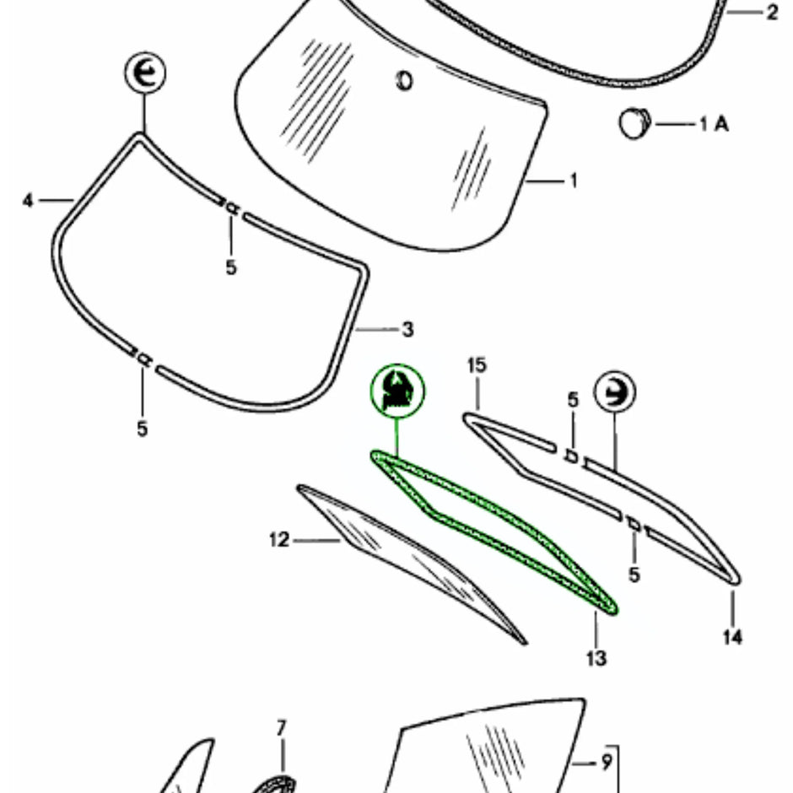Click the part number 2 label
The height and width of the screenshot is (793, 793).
pyautogui.click(x=772, y=13)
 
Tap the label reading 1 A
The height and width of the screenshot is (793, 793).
pyautogui.click(x=714, y=124)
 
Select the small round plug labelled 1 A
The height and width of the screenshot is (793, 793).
pyautogui.click(x=634, y=124)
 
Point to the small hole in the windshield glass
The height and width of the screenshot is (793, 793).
pyautogui.click(x=404, y=82)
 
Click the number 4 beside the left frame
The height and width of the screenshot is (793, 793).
pyautogui.click(x=28, y=201)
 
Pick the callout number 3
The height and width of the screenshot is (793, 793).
pyautogui.click(x=407, y=329)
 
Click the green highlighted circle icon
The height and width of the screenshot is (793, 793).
pyautogui.click(x=398, y=391)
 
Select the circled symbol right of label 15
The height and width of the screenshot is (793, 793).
pyautogui.click(x=614, y=392)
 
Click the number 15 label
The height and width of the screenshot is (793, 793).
pyautogui.click(x=477, y=365)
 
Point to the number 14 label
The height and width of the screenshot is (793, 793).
pyautogui.click(x=732, y=637)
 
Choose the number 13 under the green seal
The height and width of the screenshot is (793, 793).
pyautogui.click(x=596, y=657)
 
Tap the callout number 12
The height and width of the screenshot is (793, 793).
pyautogui.click(x=279, y=539)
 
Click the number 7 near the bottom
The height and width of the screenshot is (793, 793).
pyautogui.click(x=282, y=726)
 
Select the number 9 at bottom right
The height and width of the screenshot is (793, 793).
pyautogui.click(x=607, y=764)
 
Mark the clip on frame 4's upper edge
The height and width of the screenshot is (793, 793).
pyautogui.click(x=229, y=208)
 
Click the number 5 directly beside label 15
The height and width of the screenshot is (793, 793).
pyautogui.click(x=573, y=399)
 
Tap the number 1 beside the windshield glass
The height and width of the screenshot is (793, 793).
pyautogui.click(x=574, y=181)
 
